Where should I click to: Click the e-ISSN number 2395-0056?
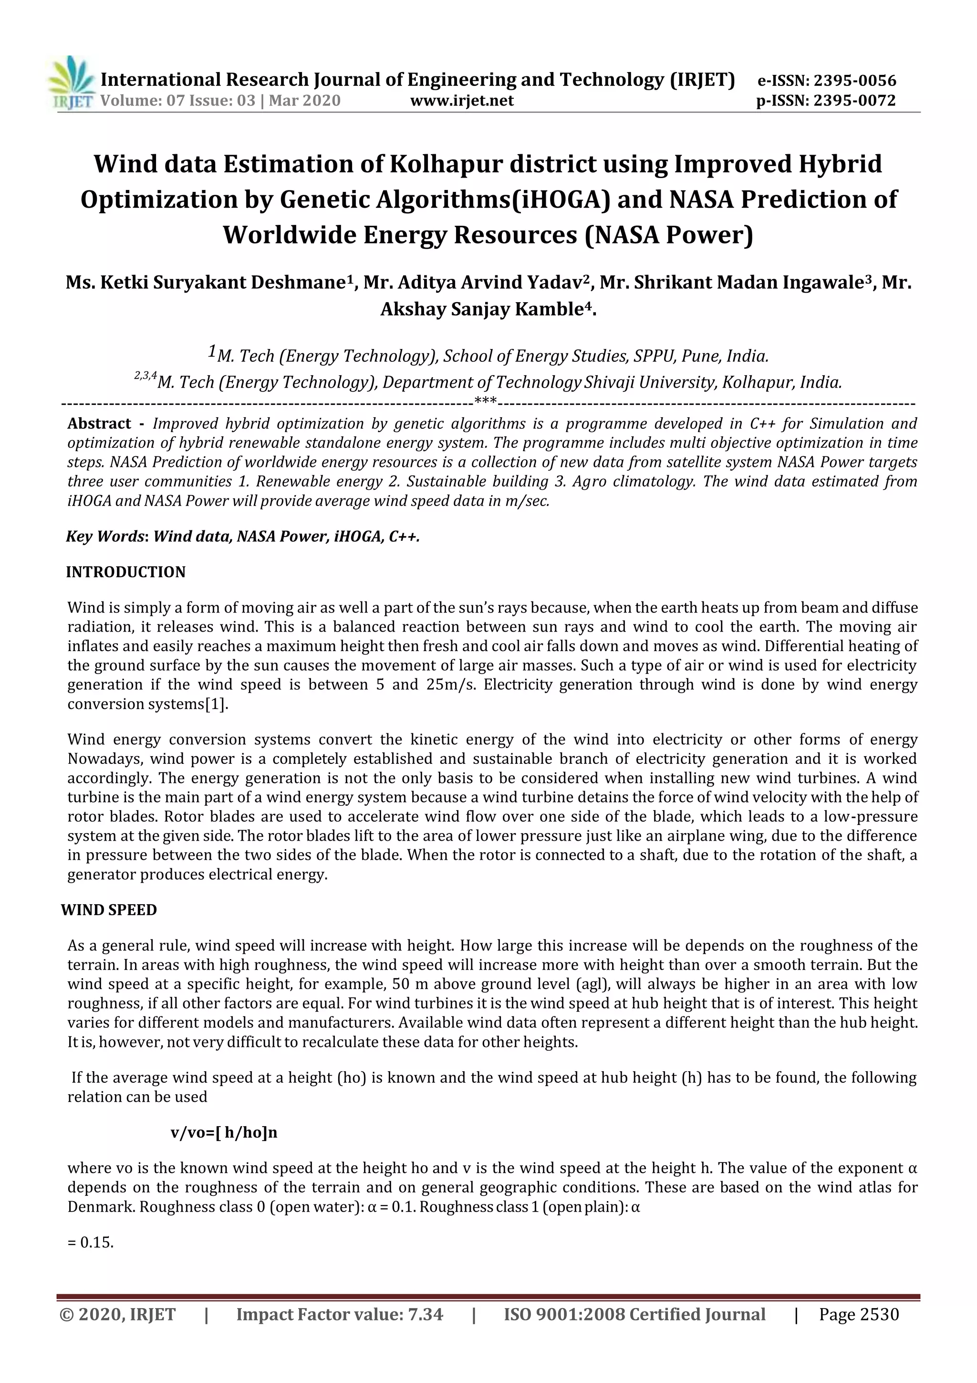click(x=854, y=81)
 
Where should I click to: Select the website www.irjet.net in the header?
click(x=462, y=101)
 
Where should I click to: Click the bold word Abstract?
click(x=99, y=423)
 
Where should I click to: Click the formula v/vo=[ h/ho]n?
click(x=224, y=1132)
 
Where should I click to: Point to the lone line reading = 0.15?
click(x=91, y=1242)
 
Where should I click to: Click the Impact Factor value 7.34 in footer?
click(x=425, y=1314)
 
